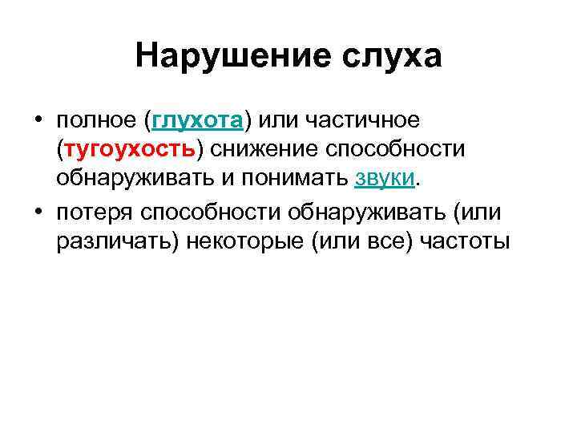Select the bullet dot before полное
point(38,121)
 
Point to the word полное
point(97,121)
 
